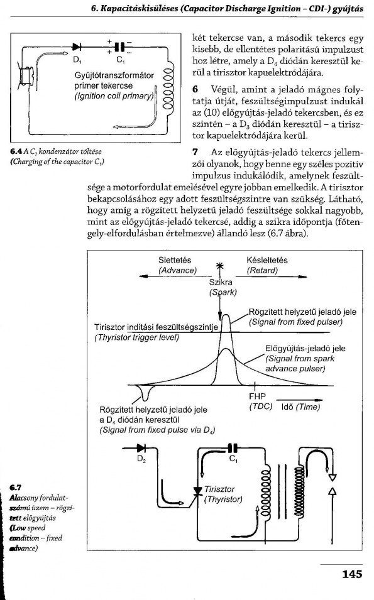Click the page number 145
pyautogui.click(x=352, y=574)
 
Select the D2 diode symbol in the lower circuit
pyautogui.click(x=141, y=448)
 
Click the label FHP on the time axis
pyautogui.click(x=257, y=396)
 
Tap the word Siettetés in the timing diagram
pyautogui.click(x=175, y=260)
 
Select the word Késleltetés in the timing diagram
pyautogui.click(x=267, y=260)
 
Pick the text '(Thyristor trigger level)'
pyautogui.click(x=136, y=337)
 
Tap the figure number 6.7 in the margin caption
pyautogui.click(x=16, y=488)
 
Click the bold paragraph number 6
pyautogui.click(x=195, y=90)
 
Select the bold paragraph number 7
pyautogui.click(x=195, y=152)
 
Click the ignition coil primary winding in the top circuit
pyautogui.click(x=168, y=89)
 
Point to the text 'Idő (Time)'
pyautogui.click(x=300, y=406)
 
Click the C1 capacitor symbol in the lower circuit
pyautogui.click(x=233, y=448)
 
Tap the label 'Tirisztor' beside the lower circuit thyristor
pyautogui.click(x=219, y=489)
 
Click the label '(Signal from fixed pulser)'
pyautogui.click(x=295, y=322)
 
